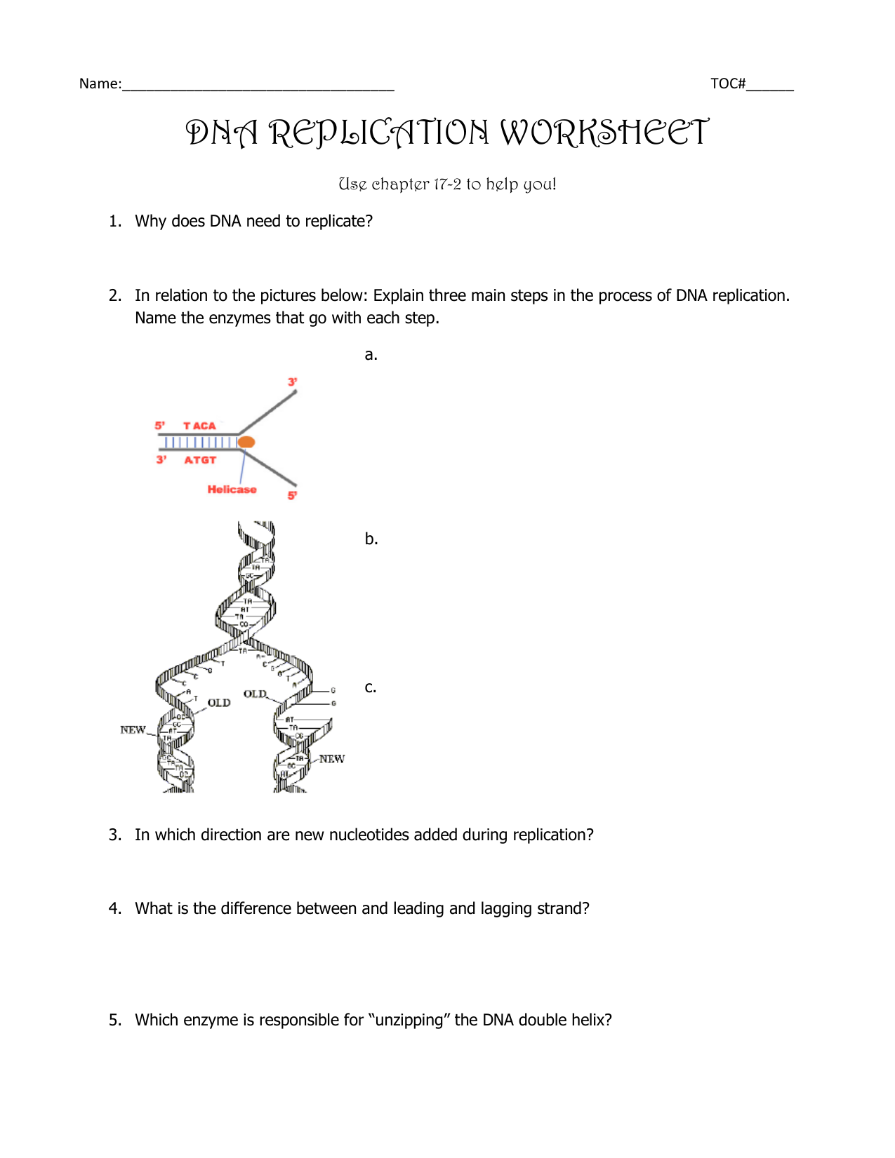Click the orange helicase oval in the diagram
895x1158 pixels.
coord(246,442)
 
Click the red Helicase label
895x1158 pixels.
coord(232,490)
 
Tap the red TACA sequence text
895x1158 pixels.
coord(199,426)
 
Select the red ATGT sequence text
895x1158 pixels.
coord(200,460)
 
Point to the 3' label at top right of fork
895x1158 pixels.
coord(292,382)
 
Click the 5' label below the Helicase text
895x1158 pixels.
coord(292,496)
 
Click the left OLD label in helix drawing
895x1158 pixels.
coord(219,703)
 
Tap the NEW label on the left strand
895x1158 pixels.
coord(133,730)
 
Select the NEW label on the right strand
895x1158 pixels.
coord(331,759)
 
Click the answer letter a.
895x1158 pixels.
coord(371,355)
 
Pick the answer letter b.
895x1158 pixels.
coord(371,539)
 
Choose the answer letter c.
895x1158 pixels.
coord(370,687)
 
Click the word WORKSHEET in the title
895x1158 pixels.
coord(604,133)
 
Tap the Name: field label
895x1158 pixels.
coord(100,84)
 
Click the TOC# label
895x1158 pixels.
coord(727,84)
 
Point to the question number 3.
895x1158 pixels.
coord(114,835)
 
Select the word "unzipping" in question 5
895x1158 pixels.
coord(409,1020)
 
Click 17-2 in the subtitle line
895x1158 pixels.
coord(447,184)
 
